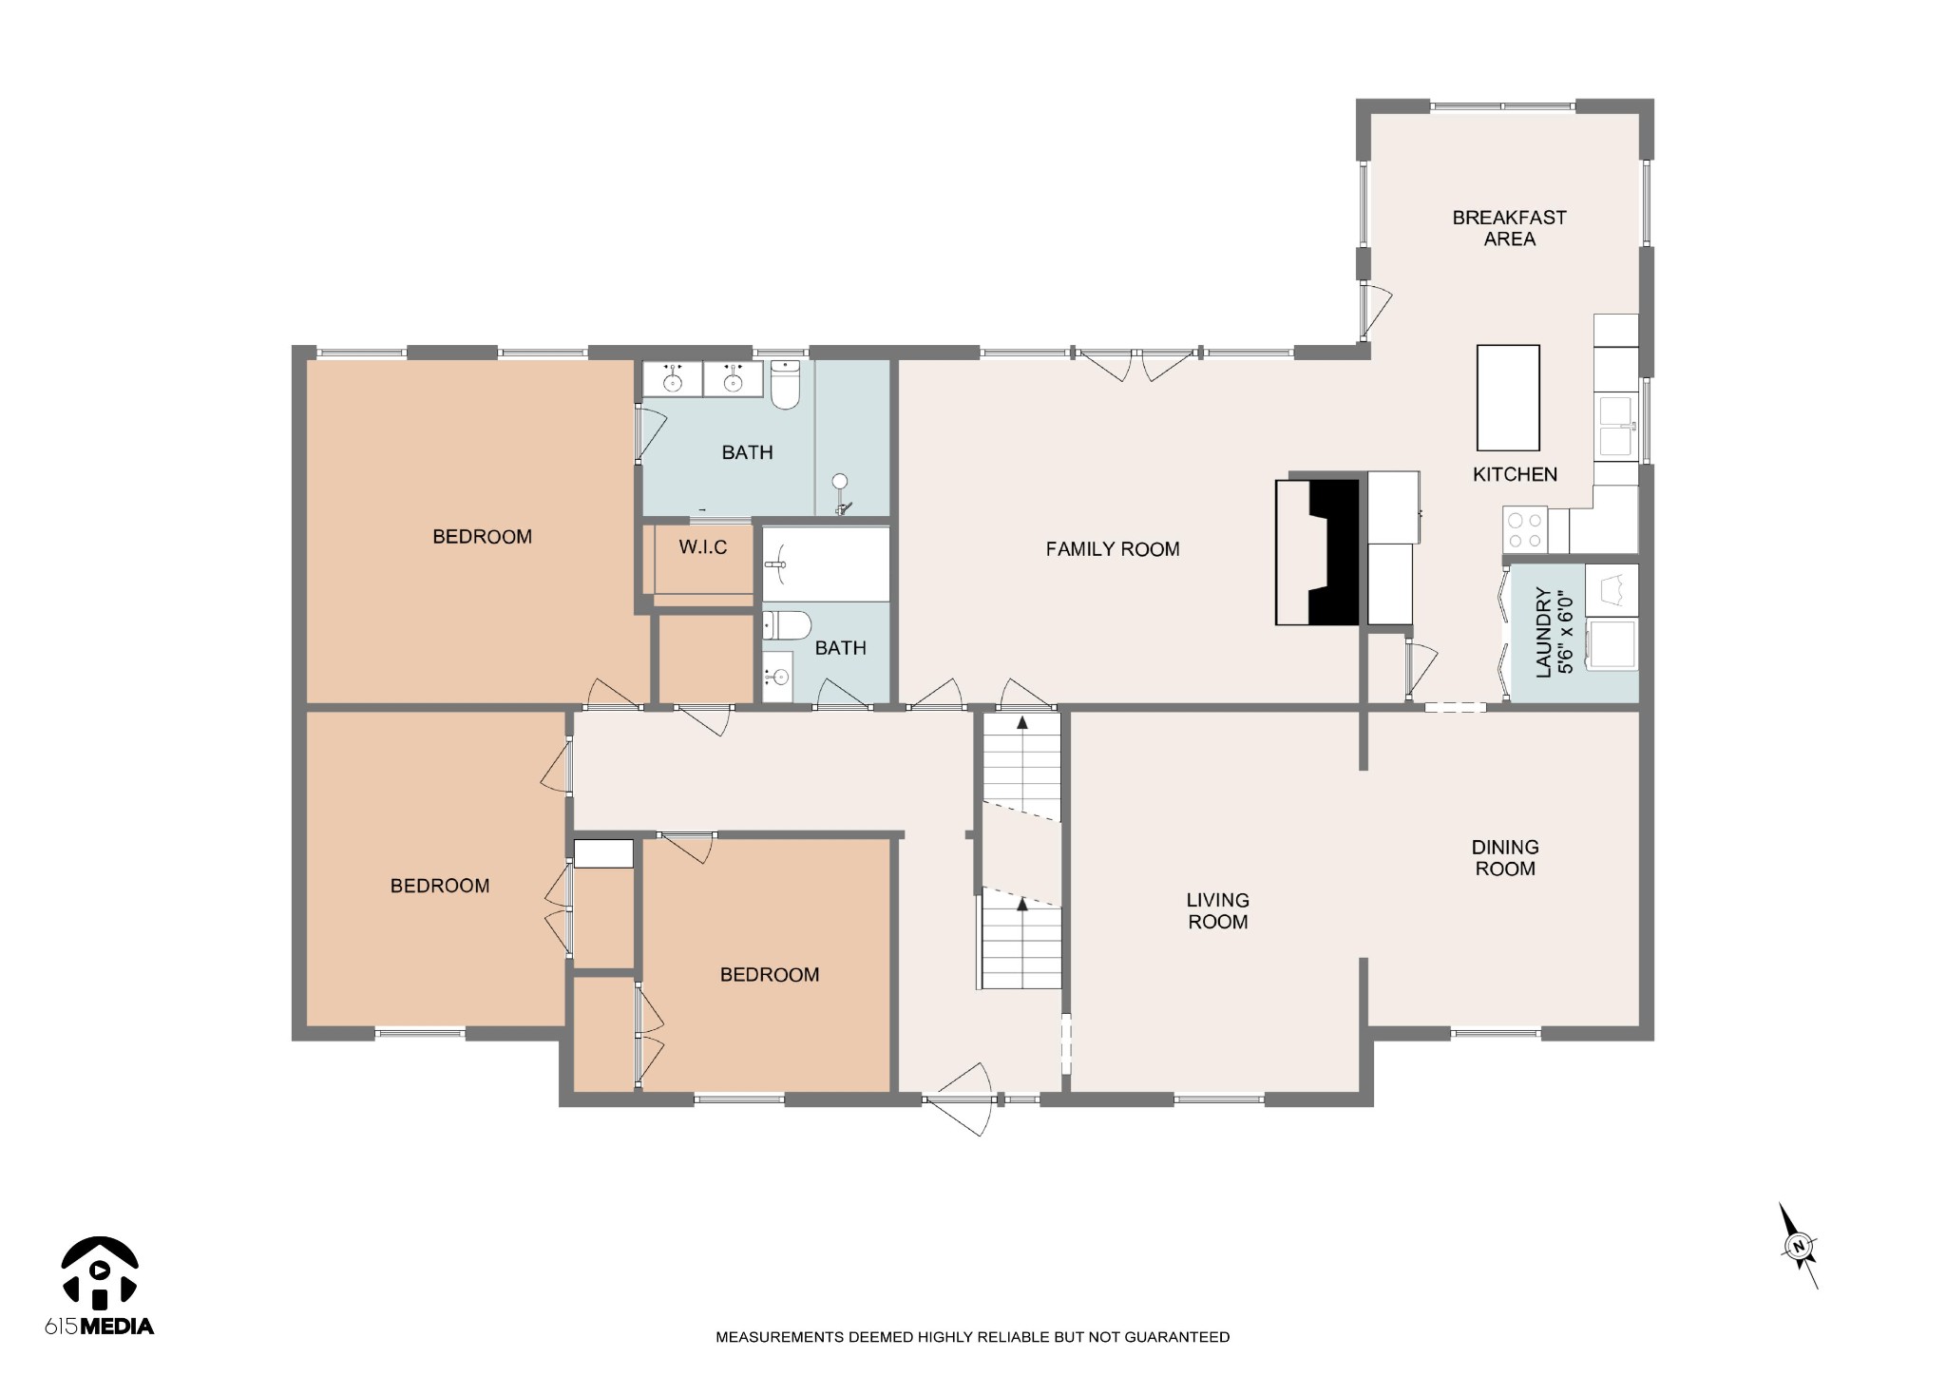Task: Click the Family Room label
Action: [x=1112, y=549]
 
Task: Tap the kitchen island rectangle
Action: [x=1507, y=397]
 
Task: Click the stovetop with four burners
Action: [x=1525, y=530]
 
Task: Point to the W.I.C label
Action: [x=703, y=547]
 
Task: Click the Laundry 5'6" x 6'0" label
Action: [x=1555, y=633]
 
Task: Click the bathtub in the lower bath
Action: [x=825, y=564]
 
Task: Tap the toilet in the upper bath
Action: [x=785, y=384]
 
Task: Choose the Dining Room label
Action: [x=1504, y=857]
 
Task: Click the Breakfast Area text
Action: [x=1509, y=228]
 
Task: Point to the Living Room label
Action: [x=1217, y=910]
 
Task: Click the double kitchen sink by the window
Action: [x=1616, y=426]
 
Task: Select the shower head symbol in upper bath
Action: [x=841, y=483]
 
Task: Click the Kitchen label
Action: [x=1515, y=474]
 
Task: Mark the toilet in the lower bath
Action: [x=787, y=626]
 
